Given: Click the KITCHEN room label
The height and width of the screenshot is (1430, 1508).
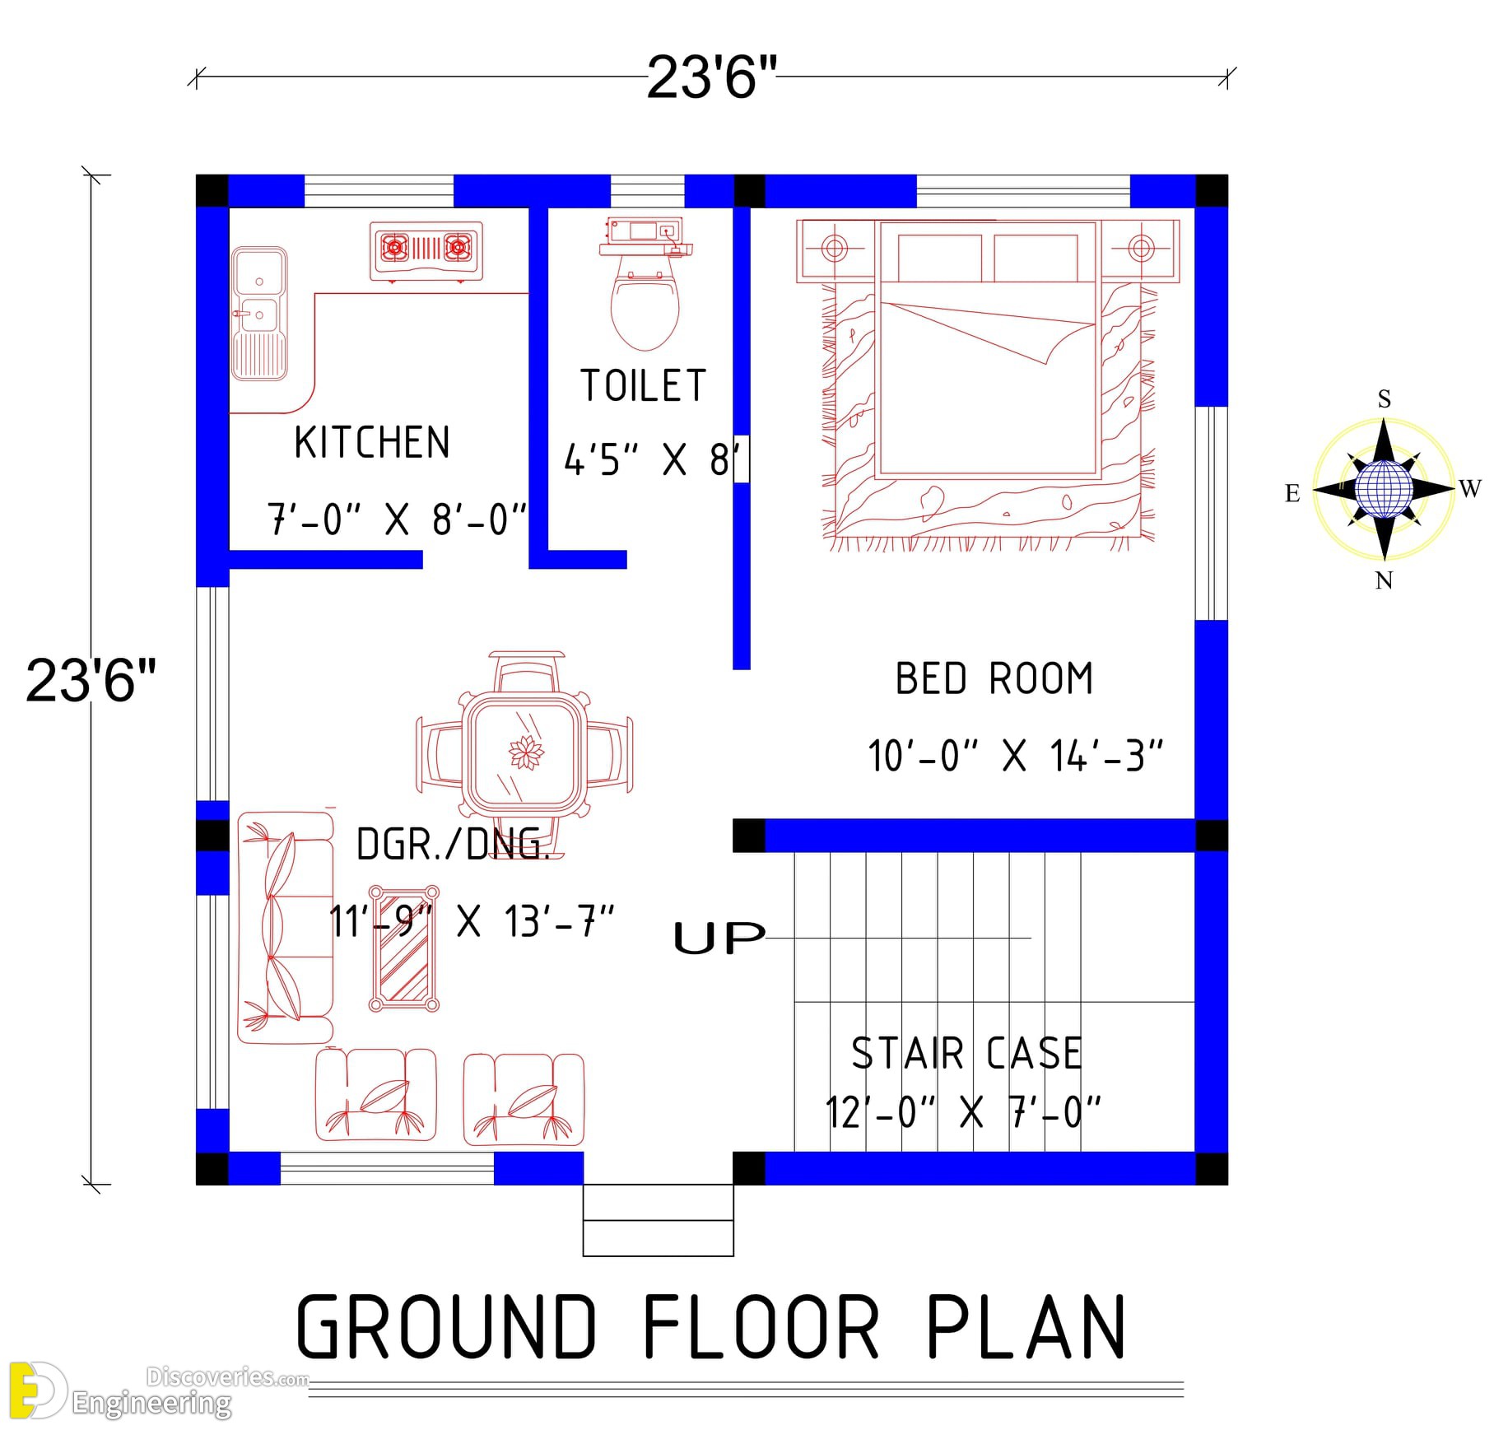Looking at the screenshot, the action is click(372, 442).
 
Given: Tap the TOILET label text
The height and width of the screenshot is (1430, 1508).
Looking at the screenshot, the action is click(644, 385).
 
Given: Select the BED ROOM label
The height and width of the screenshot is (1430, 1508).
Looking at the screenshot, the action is click(994, 679).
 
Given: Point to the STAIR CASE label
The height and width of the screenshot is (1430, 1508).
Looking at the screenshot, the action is click(966, 1053).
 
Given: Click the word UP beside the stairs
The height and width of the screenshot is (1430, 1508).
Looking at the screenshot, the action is click(719, 938).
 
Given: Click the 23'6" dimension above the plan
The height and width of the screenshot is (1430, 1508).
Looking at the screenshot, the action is click(711, 77).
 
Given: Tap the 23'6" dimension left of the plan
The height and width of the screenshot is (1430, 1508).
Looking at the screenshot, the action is click(91, 680).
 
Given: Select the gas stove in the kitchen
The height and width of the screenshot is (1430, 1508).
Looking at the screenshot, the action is click(426, 250).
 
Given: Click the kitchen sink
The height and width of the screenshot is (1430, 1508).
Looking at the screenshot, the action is click(259, 314).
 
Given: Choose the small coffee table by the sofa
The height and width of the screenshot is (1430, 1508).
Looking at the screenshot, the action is click(403, 948).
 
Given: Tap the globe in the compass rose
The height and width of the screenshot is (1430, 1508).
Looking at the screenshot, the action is click(1383, 489).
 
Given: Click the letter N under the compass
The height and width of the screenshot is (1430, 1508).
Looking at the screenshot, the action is click(1384, 580).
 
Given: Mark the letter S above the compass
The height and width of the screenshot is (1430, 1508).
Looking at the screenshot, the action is click(1385, 398).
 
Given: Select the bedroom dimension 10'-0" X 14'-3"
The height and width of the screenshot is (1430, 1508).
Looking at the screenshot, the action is click(1015, 755).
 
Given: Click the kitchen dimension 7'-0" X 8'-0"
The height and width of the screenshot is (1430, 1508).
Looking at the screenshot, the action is click(397, 519).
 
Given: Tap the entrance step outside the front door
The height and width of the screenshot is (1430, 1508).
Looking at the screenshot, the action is click(658, 1220).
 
